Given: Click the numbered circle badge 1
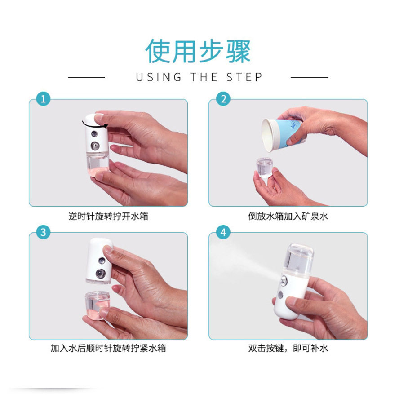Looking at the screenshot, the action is click(43, 99).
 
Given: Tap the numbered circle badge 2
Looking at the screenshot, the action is click(223, 99).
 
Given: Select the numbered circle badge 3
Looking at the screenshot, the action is click(43, 232).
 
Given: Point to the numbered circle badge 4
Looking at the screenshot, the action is click(223, 232).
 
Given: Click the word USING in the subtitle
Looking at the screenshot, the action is click(159, 77).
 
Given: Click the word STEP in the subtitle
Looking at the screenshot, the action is click(244, 77).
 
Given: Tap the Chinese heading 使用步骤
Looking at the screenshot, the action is click(198, 51).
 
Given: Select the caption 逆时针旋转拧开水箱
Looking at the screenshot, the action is click(108, 217).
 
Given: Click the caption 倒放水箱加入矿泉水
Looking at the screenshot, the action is click(288, 217).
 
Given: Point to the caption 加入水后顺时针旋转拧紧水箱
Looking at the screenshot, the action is click(108, 348).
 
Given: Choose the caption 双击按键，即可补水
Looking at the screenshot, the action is click(288, 348).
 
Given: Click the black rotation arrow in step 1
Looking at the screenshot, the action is click(95, 125).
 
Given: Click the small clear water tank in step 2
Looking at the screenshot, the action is click(264, 168).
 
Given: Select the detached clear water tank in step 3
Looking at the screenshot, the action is click(97, 305).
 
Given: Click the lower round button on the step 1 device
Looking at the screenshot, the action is click(95, 146).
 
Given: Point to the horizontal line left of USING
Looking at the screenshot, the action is click(87, 77).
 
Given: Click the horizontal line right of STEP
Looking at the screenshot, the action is click(310, 77).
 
